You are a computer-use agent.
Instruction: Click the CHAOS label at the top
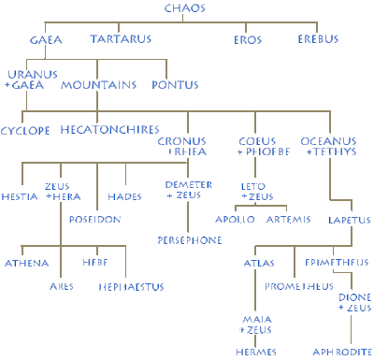[x=184, y=8]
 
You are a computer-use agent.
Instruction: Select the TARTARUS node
[x=120, y=39]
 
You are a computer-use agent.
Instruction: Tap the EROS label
[x=247, y=39]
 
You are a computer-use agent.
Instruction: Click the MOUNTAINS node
[x=93, y=84]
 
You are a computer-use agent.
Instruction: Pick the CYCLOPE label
[x=25, y=130]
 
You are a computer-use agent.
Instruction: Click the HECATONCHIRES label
[x=109, y=130]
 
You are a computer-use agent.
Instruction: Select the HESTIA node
[x=21, y=197]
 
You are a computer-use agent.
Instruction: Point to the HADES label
[x=143, y=197]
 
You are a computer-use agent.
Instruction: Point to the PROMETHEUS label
[x=299, y=284]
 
